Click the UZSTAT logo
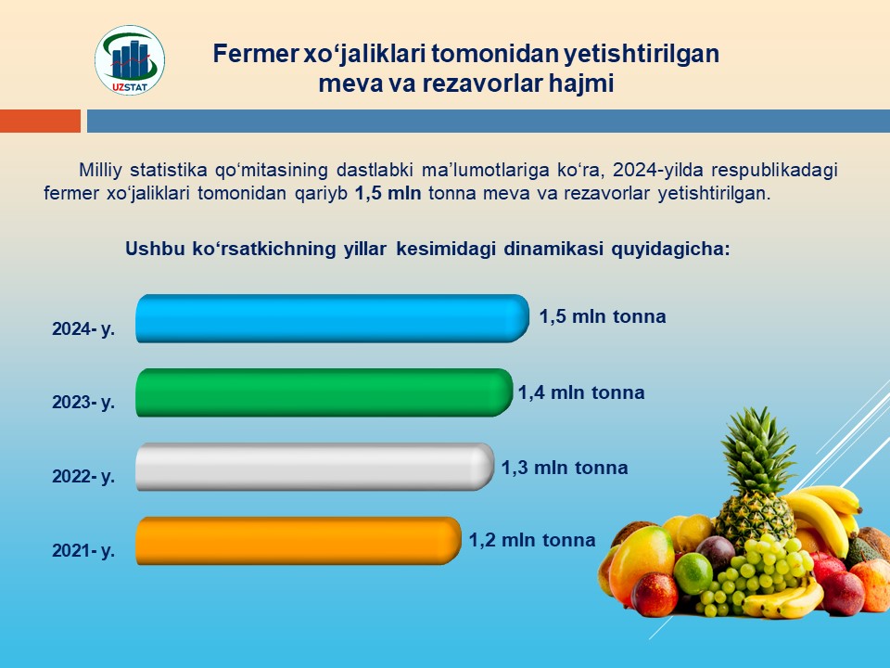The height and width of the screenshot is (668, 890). click(130, 59)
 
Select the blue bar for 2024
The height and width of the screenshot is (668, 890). click(332, 318)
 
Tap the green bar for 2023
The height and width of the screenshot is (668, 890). click(324, 392)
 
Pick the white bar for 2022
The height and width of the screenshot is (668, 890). click(314, 467)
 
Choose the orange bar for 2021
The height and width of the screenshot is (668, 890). click(298, 540)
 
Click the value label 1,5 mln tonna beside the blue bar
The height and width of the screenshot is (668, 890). click(603, 316)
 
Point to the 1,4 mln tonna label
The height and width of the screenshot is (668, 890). click(581, 392)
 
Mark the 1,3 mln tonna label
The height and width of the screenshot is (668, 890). click(565, 468)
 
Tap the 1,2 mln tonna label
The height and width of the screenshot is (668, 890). click(532, 540)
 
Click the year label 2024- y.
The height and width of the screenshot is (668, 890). click(83, 328)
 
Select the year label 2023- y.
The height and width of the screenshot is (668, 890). click(83, 402)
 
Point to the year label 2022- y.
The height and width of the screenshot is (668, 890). click(83, 476)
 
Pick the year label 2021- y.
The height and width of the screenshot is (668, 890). click(83, 550)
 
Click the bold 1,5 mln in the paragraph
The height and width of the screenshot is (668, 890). click(388, 193)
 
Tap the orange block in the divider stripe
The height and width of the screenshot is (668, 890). click(40, 121)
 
